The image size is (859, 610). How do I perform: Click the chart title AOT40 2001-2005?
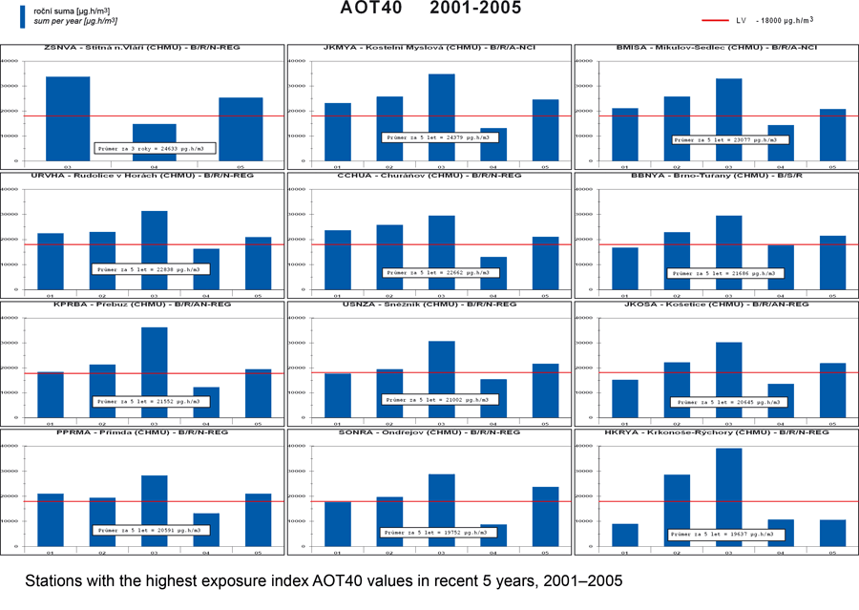click(429, 9)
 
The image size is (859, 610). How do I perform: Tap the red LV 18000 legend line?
click(715, 20)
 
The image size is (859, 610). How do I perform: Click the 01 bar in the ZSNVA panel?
click(69, 118)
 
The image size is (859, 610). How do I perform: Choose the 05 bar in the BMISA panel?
click(833, 135)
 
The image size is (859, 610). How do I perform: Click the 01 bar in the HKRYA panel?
click(626, 536)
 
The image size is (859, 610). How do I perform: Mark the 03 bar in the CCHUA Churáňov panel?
click(442, 252)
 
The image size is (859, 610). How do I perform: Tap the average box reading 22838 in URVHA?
click(151, 269)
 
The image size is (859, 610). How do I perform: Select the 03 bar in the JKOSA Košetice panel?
click(730, 379)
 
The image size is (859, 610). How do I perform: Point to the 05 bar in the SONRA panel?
click(546, 516)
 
